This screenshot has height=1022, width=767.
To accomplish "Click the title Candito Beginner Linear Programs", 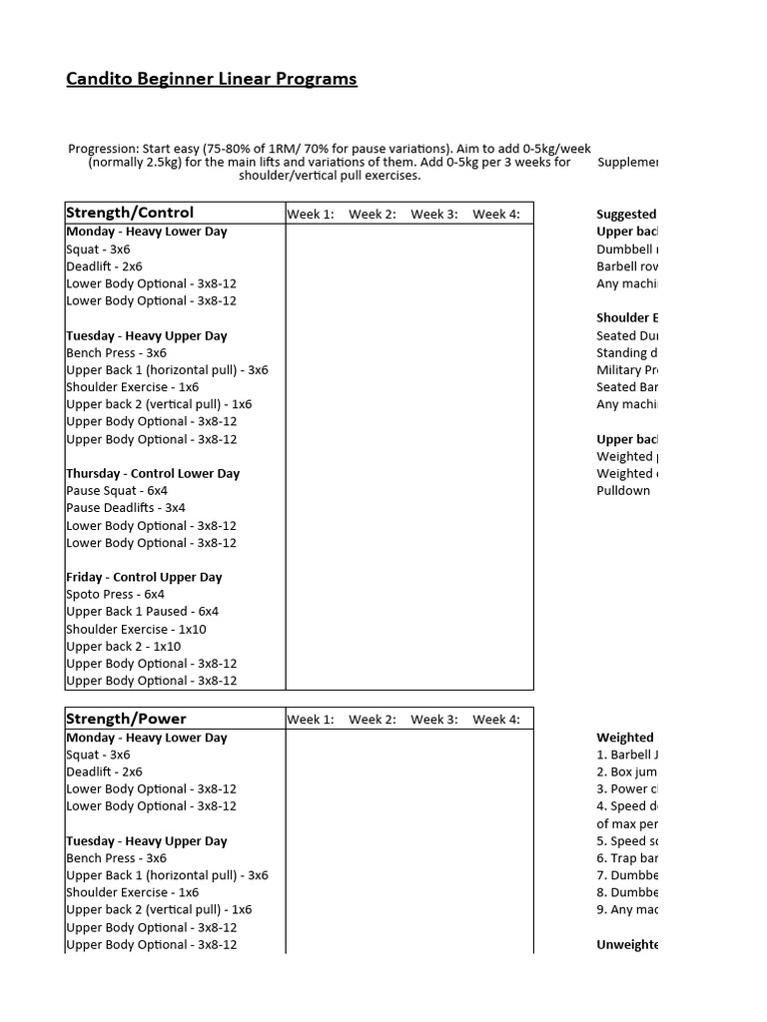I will click(x=211, y=80).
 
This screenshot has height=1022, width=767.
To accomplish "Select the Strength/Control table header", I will click(x=130, y=213).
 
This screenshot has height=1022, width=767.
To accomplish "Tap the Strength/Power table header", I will click(x=126, y=719).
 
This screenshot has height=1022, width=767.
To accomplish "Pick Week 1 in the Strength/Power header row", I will click(x=311, y=720).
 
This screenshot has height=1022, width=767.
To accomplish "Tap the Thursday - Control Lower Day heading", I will click(x=153, y=474).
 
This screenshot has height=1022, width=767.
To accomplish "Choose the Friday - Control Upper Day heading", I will click(x=144, y=578).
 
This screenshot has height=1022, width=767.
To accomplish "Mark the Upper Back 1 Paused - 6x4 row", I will click(x=142, y=612).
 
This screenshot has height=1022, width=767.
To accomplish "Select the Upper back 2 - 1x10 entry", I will click(x=124, y=647).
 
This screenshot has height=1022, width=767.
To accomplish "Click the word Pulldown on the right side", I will click(x=623, y=491).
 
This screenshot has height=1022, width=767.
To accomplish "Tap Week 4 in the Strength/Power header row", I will click(x=496, y=720).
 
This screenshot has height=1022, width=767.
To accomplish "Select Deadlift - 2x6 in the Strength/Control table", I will click(x=104, y=266).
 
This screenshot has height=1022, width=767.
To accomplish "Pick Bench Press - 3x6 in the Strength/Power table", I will click(x=116, y=858).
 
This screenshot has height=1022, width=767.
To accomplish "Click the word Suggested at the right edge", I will click(x=626, y=215).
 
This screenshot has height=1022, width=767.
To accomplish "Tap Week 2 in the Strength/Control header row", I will click(x=373, y=215).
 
